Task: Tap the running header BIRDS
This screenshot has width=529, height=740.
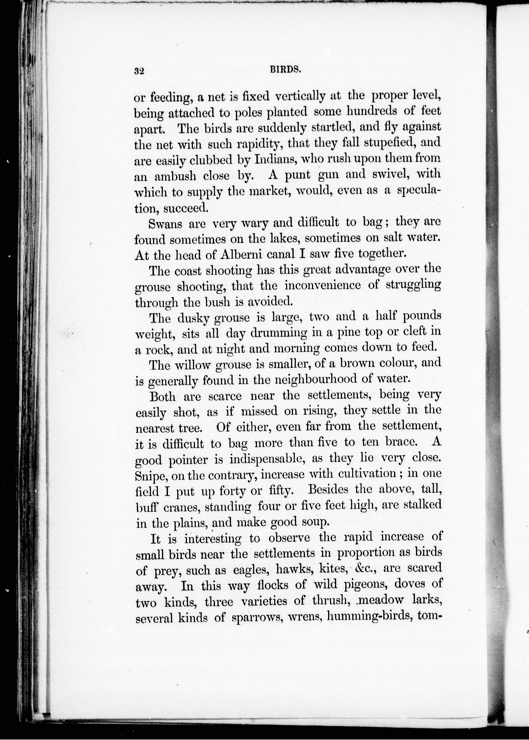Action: [284, 70]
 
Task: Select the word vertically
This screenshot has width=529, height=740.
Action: [300, 97]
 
